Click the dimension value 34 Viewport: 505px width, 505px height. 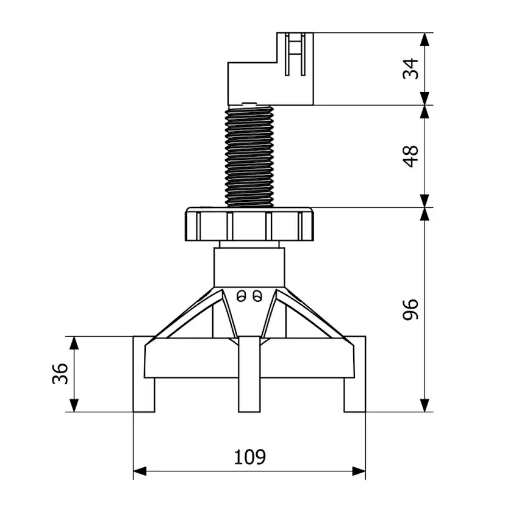pos(411,69)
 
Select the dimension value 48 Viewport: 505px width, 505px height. pos(411,156)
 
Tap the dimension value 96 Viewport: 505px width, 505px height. pos(411,309)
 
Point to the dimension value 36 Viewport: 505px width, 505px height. pos(60,374)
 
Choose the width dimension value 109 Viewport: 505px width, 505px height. pos(249,457)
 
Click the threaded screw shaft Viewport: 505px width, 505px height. pos(249,157)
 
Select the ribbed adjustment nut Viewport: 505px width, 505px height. pos(249,224)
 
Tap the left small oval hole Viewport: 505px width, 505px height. pos(242,296)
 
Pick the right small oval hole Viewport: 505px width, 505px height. pos(257,296)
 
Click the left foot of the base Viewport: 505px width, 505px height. pos(144,374)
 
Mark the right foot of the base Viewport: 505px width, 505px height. pos(355,374)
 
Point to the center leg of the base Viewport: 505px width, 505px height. pos(249,374)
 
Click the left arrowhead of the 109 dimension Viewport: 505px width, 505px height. pos(140,471)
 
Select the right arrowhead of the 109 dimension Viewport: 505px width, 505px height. pos(359,471)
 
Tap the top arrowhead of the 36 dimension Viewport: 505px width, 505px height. pos(74,343)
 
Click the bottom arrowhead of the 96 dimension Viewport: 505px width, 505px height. pos(425,405)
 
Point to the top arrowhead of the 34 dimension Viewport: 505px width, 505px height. pos(425,40)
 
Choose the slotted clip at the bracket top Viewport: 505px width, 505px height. pos(295,54)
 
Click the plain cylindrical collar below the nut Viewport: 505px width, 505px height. pos(249,267)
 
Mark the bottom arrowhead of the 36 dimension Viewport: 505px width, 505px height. pos(74,405)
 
